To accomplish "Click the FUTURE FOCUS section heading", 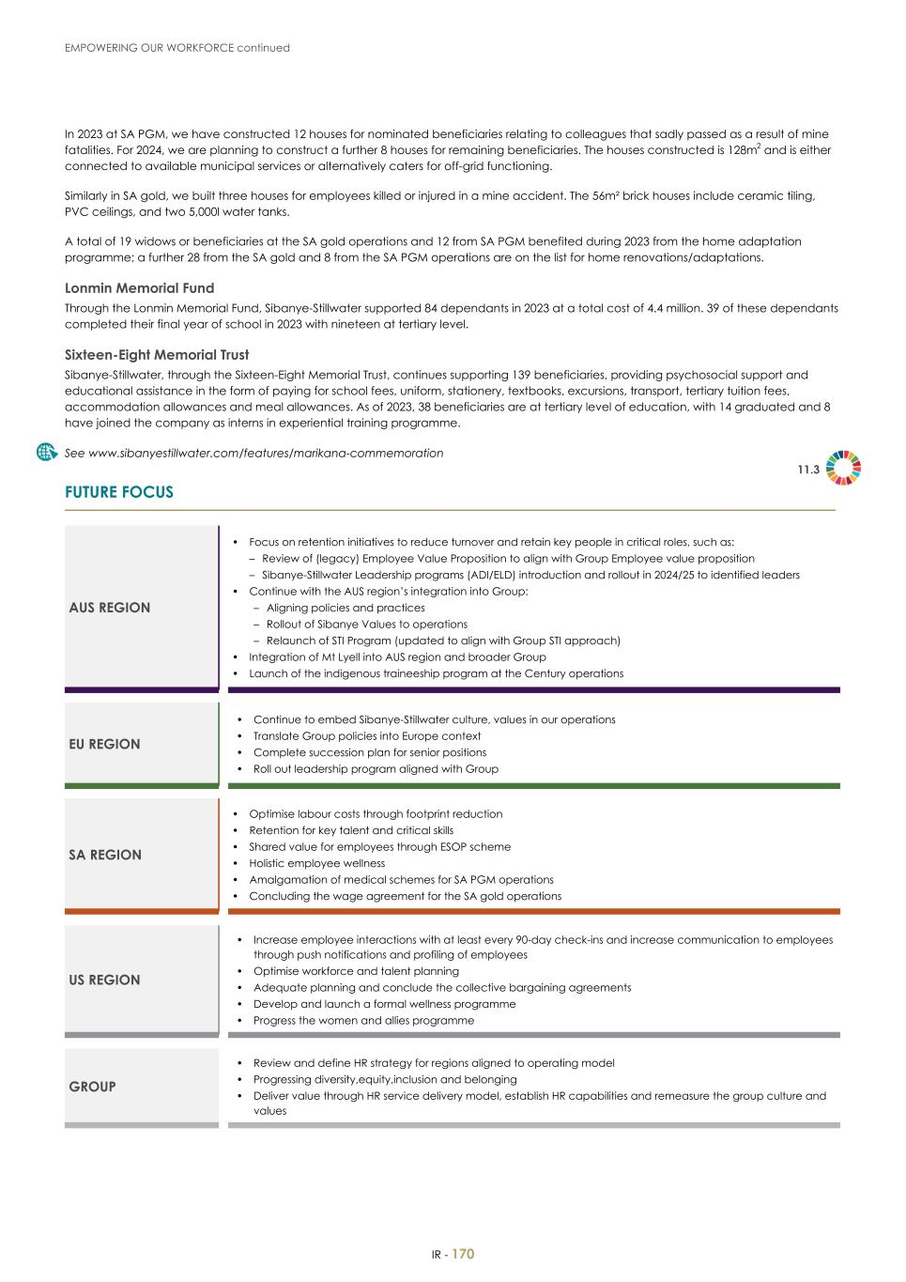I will click(x=119, y=492).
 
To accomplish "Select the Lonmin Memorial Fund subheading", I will click(x=139, y=288).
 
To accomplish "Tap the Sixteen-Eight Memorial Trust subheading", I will click(x=157, y=355).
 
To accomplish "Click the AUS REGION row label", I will click(x=110, y=608).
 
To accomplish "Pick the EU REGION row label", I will click(x=104, y=744).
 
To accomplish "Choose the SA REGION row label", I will click(x=105, y=855).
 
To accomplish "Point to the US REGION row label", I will click(x=104, y=980).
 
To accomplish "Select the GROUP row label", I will click(x=92, y=1087).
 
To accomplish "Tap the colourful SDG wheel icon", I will click(x=843, y=469).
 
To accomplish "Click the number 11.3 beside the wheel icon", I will click(x=808, y=470).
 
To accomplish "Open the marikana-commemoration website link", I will click(x=253, y=453).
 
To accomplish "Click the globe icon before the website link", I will click(x=47, y=452).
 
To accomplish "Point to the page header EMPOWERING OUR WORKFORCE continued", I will click(x=177, y=48).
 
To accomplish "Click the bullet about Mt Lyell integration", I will click(x=397, y=657).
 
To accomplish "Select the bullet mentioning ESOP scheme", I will click(x=379, y=847).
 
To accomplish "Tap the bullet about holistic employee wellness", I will click(x=316, y=863).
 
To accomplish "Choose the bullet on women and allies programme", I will click(x=363, y=1021).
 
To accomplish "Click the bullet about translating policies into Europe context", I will click(x=366, y=736).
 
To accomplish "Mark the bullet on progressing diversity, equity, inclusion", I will click(x=385, y=1080).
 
